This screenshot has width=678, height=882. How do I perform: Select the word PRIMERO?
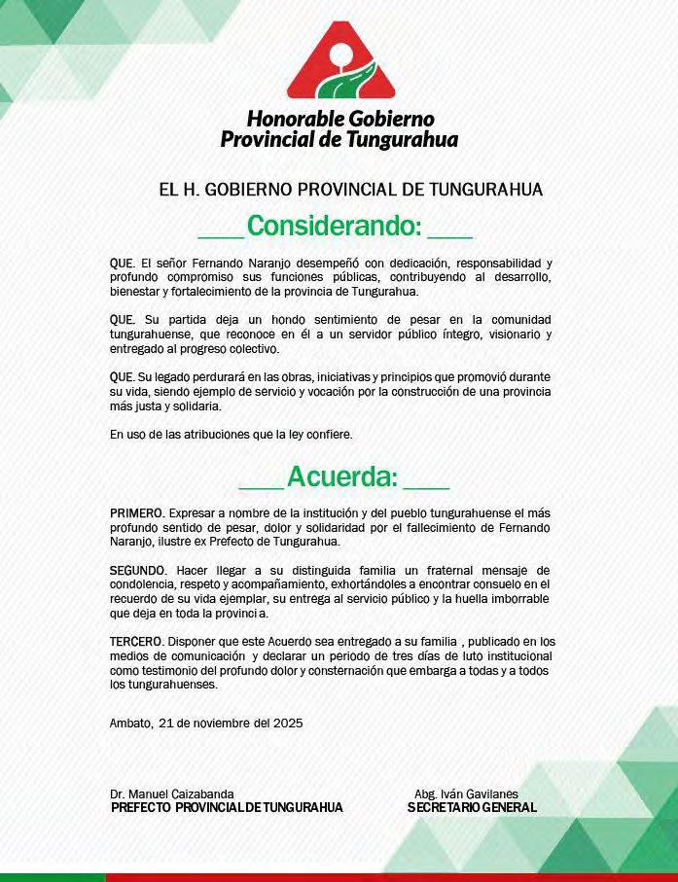click(x=137, y=512)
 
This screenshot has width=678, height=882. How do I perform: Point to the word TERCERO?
click(x=137, y=642)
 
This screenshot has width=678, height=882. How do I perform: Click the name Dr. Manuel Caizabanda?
click(x=172, y=794)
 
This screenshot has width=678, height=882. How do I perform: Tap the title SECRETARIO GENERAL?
click(x=472, y=808)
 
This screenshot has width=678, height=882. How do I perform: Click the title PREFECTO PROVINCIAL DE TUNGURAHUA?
click(x=227, y=808)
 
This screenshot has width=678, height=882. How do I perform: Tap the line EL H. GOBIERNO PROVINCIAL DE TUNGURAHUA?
click(x=350, y=190)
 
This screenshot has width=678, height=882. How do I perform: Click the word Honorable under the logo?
click(x=289, y=119)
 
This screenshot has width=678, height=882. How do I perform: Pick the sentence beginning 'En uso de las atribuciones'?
click(x=231, y=434)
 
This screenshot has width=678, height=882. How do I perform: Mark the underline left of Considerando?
click(x=220, y=236)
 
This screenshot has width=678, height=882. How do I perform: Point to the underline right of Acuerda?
click(x=425, y=487)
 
